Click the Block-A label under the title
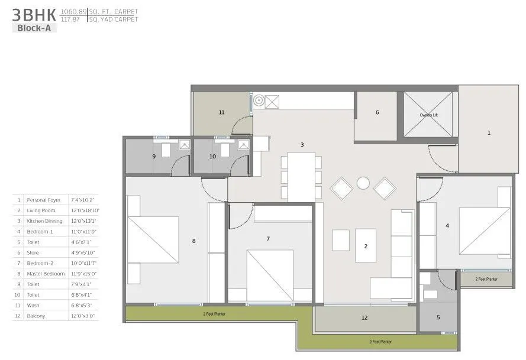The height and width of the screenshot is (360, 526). point(34,27)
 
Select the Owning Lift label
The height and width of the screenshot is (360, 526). point(428,115)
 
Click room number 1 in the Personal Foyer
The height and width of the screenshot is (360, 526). point(489,133)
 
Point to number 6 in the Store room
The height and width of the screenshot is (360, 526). point(377,112)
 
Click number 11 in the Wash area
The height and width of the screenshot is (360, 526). point(221,112)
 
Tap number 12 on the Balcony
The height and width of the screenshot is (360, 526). point(364,318)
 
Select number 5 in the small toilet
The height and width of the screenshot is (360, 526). point(438,317)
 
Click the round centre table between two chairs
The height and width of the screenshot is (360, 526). point(363,183)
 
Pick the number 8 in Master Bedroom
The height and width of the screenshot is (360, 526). point(193,241)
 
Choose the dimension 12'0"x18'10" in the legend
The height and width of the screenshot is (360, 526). point(85,210)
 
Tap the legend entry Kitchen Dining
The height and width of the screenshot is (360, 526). point(43,221)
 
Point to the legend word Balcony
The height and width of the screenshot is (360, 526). point(36,316)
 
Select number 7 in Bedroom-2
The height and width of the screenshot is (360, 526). point(268,239)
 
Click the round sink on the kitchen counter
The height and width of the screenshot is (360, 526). point(258,101)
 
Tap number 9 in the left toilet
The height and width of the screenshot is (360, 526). point(154,157)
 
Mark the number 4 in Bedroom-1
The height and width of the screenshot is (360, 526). point(447,225)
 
